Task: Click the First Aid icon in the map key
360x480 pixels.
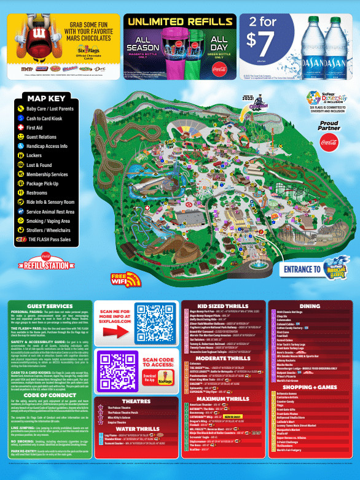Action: click(21, 127)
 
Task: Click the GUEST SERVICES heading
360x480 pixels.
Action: click(50, 305)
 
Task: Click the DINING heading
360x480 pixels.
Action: click(310, 305)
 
